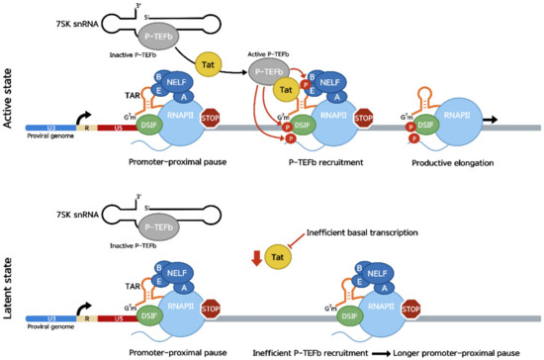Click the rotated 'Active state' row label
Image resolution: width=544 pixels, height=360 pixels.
point(9,98)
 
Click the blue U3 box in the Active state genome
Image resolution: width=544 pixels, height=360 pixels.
point(47,128)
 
